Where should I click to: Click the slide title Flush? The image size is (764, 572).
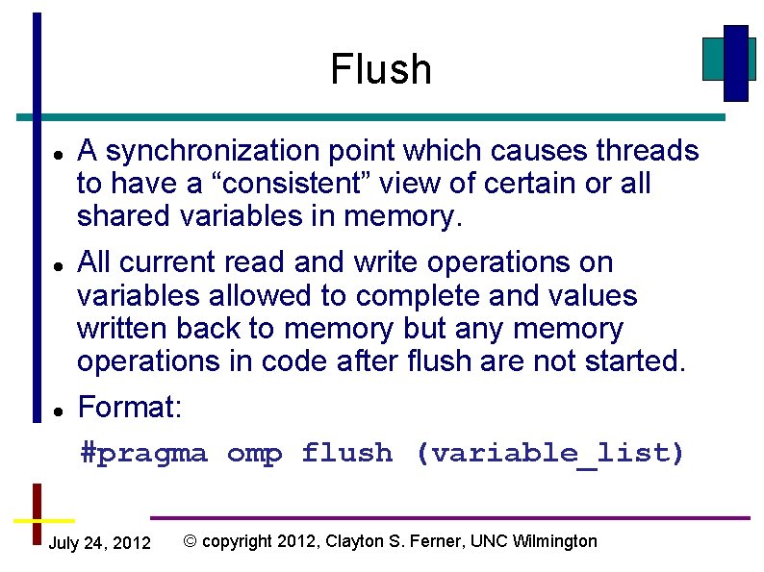tap(381, 69)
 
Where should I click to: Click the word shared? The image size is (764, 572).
tap(124, 216)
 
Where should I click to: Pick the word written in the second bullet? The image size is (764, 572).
tap(122, 329)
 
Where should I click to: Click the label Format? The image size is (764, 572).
tap(129, 408)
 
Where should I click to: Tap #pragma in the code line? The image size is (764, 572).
tap(143, 453)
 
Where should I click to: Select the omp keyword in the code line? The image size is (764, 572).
tap(254, 453)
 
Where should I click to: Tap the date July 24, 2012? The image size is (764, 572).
tap(99, 544)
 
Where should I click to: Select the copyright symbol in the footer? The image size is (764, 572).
tap(191, 541)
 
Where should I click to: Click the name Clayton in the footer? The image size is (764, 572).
tap(356, 541)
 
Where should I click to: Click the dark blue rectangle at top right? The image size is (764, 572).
tap(735, 62)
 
